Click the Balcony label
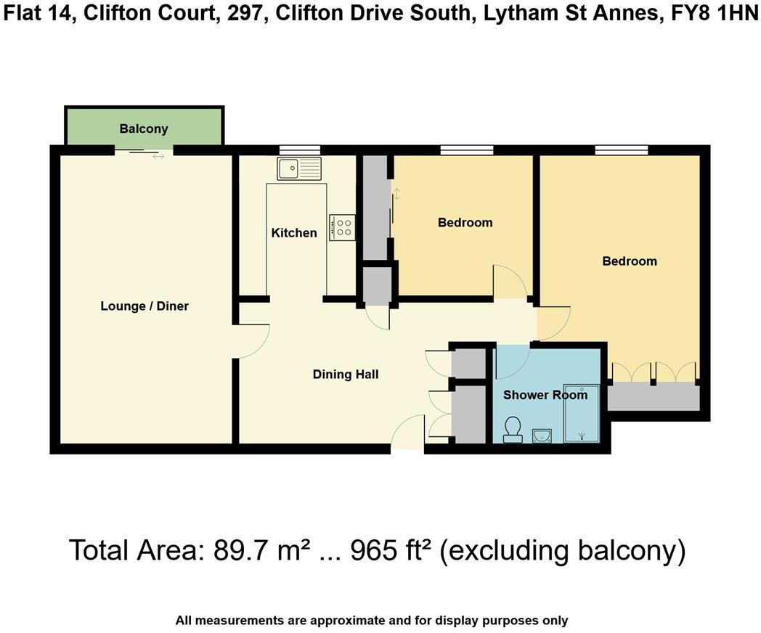(144, 128)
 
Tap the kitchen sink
(298, 168)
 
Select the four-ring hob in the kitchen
(342, 227)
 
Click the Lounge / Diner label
(145, 306)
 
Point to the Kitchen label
(294, 233)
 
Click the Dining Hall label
(346, 375)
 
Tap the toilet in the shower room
(513, 429)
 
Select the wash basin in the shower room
(542, 435)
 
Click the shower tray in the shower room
(582, 413)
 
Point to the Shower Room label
(545, 395)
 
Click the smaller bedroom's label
(465, 223)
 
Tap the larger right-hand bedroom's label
(630, 261)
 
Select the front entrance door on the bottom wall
(407, 433)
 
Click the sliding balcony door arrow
(158, 156)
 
